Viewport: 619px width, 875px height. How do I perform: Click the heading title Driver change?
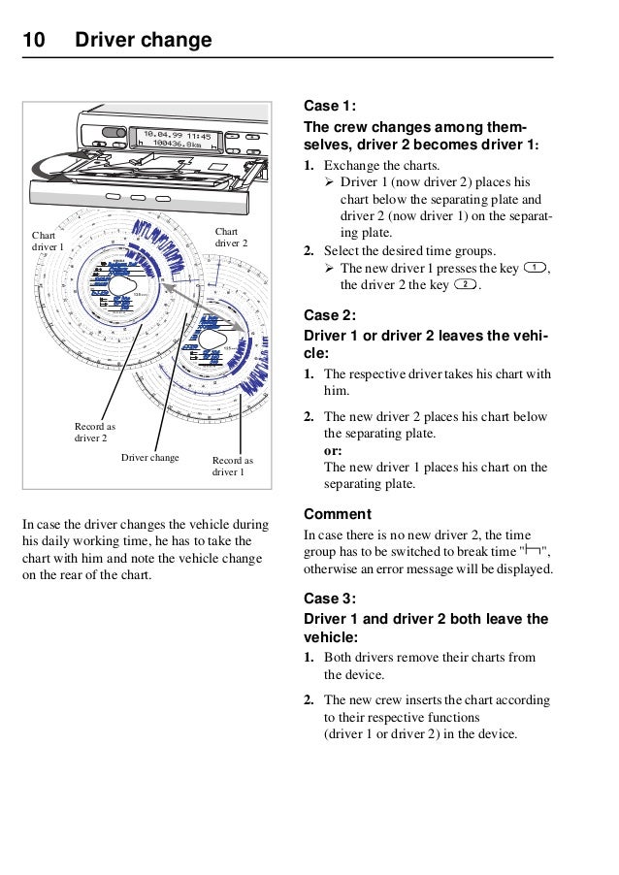click(143, 41)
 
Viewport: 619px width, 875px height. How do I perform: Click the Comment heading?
click(338, 513)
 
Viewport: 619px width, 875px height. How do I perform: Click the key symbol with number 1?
click(534, 268)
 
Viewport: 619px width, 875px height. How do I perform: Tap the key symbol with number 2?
click(465, 285)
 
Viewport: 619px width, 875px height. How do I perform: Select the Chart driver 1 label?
click(47, 242)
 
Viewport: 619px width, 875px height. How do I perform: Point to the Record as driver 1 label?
click(232, 467)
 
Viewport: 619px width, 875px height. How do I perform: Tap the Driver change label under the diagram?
click(150, 457)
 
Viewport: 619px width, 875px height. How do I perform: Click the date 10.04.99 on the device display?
click(160, 136)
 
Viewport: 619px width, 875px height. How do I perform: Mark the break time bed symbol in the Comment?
click(532, 552)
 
